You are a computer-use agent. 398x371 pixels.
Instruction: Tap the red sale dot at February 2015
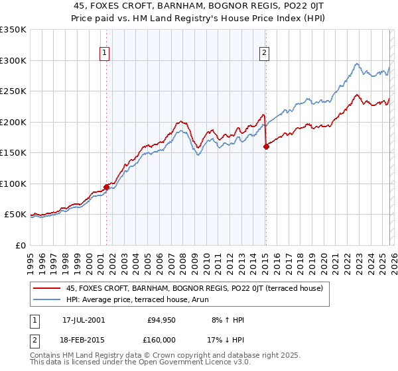coord(266,147)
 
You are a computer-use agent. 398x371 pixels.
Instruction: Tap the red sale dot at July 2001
coord(106,186)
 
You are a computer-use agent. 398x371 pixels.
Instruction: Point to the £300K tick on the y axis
coord(13,60)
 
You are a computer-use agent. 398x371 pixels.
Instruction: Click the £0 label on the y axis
coord(19,245)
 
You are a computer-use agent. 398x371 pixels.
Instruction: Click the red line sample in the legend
coord(48,288)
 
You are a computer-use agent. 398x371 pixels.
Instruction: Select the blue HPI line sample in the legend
coord(48,299)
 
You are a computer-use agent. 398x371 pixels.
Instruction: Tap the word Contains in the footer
coord(47,356)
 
